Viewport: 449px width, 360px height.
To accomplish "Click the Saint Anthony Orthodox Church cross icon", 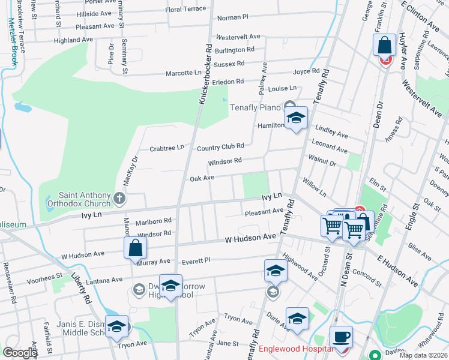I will pos(119,197).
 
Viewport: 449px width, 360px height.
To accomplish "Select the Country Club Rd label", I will pos(220,146).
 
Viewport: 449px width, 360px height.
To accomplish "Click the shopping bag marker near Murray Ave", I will pos(136,248).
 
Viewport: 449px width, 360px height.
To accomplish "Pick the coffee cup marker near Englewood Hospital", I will pos(341,337).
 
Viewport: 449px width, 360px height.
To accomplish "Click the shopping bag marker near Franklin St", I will pos(384,45).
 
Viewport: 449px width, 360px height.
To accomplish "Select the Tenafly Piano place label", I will pos(256,107).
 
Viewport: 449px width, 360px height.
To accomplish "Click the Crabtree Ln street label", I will pos(166,148).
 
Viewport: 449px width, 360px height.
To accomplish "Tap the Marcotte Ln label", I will pos(183,73).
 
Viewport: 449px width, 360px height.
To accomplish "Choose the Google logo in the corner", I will pos(20,352).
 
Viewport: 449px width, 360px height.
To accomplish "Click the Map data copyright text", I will pos(423,355).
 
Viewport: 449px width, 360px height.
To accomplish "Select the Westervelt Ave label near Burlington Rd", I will pos(238,37).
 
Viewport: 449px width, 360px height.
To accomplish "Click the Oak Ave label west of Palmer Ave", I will pos(202,179).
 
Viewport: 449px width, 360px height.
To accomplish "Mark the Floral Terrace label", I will pos(185,10).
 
